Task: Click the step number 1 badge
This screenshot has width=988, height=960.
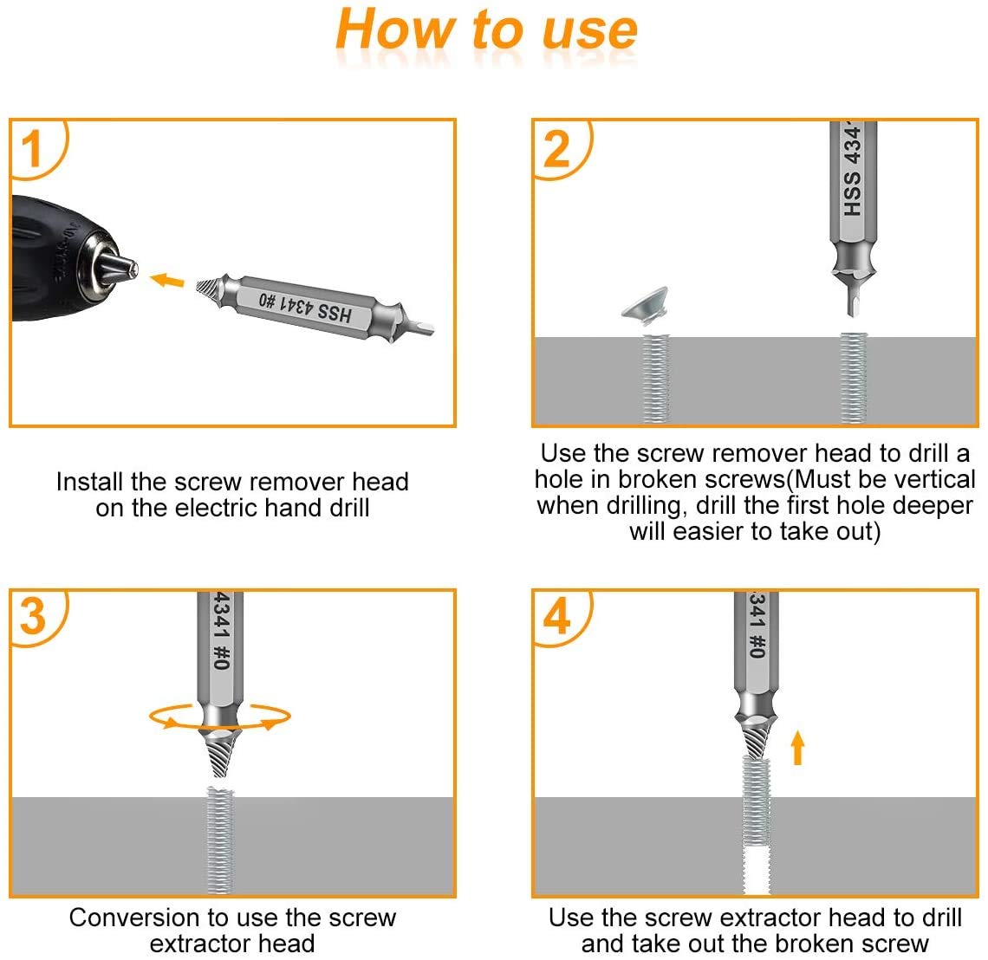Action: tap(33, 148)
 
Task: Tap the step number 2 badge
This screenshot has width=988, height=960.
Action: tap(556, 148)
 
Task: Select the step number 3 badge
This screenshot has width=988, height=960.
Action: tap(33, 617)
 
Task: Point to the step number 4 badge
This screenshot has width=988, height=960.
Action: tap(556, 617)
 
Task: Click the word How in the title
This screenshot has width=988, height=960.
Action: tap(394, 30)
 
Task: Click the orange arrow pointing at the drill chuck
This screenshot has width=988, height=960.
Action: tap(167, 280)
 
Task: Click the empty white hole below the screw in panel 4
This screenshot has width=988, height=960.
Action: tap(757, 871)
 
